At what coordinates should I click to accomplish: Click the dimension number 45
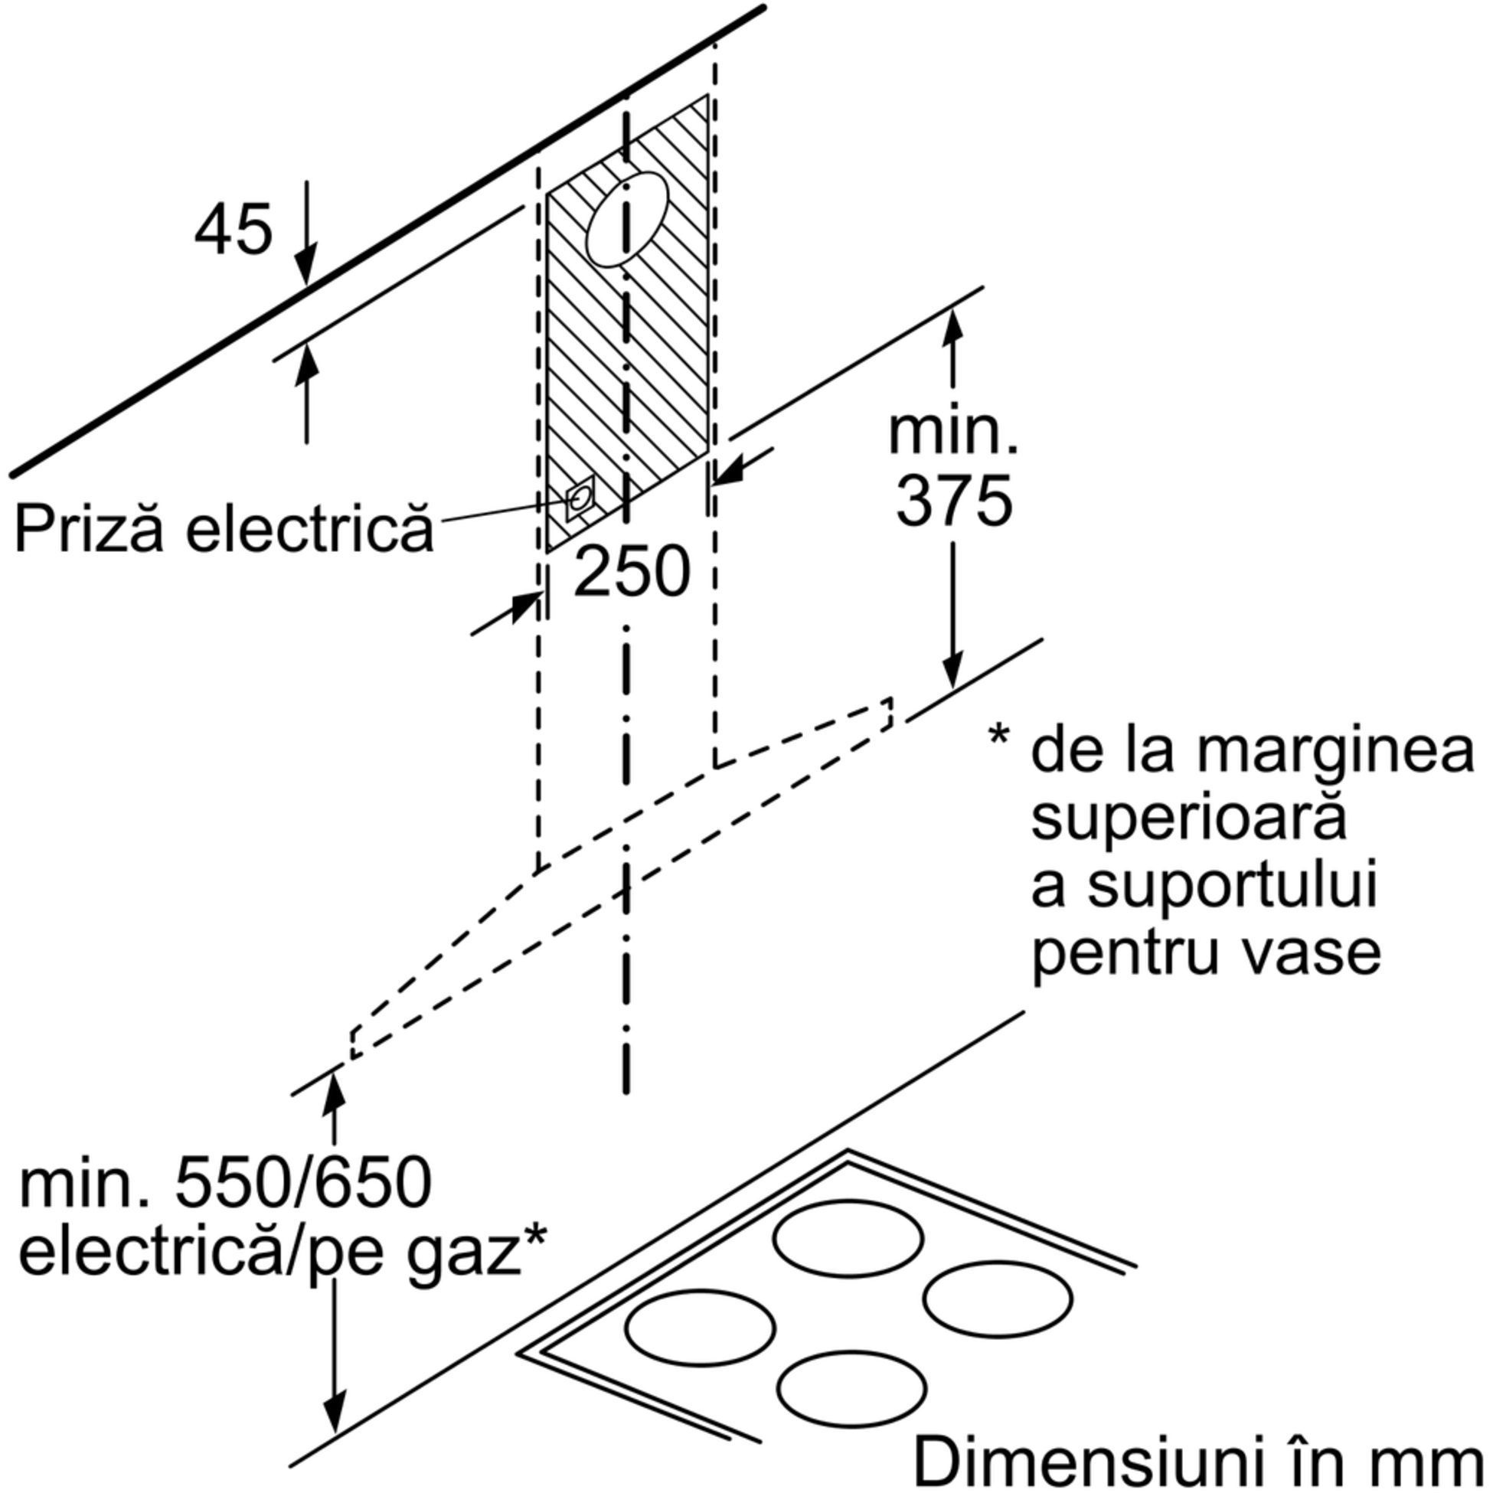click(234, 230)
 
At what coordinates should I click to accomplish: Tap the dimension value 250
click(632, 573)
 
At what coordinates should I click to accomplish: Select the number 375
click(953, 501)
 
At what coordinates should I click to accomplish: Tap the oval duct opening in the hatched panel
click(627, 220)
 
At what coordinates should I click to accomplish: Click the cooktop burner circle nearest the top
click(848, 1239)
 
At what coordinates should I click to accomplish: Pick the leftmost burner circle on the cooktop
click(699, 1328)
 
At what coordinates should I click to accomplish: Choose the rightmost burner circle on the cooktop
click(997, 1299)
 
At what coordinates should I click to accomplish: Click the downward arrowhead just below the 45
click(307, 272)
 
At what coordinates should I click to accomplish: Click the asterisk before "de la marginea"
click(998, 736)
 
